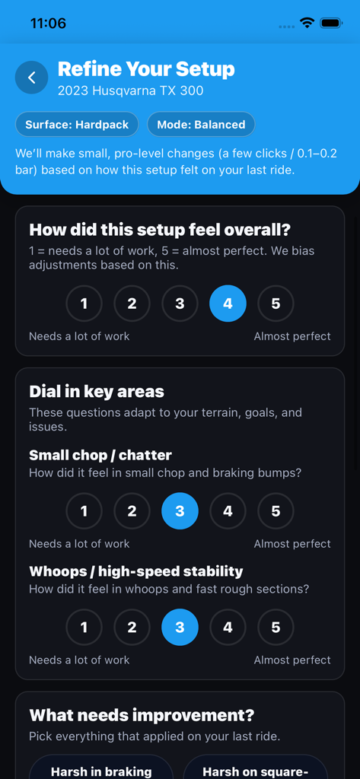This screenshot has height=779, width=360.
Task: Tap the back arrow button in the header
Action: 32,78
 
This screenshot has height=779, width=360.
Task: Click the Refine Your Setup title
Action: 146,69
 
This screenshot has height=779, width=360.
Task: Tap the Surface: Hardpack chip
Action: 77,124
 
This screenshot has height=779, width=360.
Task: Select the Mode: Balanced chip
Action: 201,124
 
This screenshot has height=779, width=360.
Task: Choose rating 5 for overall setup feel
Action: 276,304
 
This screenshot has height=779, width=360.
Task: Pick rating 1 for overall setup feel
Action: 84,304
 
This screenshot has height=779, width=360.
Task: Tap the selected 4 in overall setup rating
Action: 228,304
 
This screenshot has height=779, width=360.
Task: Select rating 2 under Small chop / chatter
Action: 132,511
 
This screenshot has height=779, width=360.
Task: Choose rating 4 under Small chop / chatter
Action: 228,511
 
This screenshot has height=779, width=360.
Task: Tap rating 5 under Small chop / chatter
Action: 276,511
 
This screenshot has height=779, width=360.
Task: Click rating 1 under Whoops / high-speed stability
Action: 84,628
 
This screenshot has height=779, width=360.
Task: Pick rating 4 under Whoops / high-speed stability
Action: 228,628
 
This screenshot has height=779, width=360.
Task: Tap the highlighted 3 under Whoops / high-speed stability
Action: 180,628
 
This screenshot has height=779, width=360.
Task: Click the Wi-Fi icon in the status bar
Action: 307,24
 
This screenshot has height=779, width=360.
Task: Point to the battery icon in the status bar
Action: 331,24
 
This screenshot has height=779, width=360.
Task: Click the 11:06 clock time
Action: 48,24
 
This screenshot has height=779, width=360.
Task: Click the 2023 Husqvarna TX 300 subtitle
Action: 130,91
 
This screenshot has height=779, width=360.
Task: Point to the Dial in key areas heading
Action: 97,392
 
